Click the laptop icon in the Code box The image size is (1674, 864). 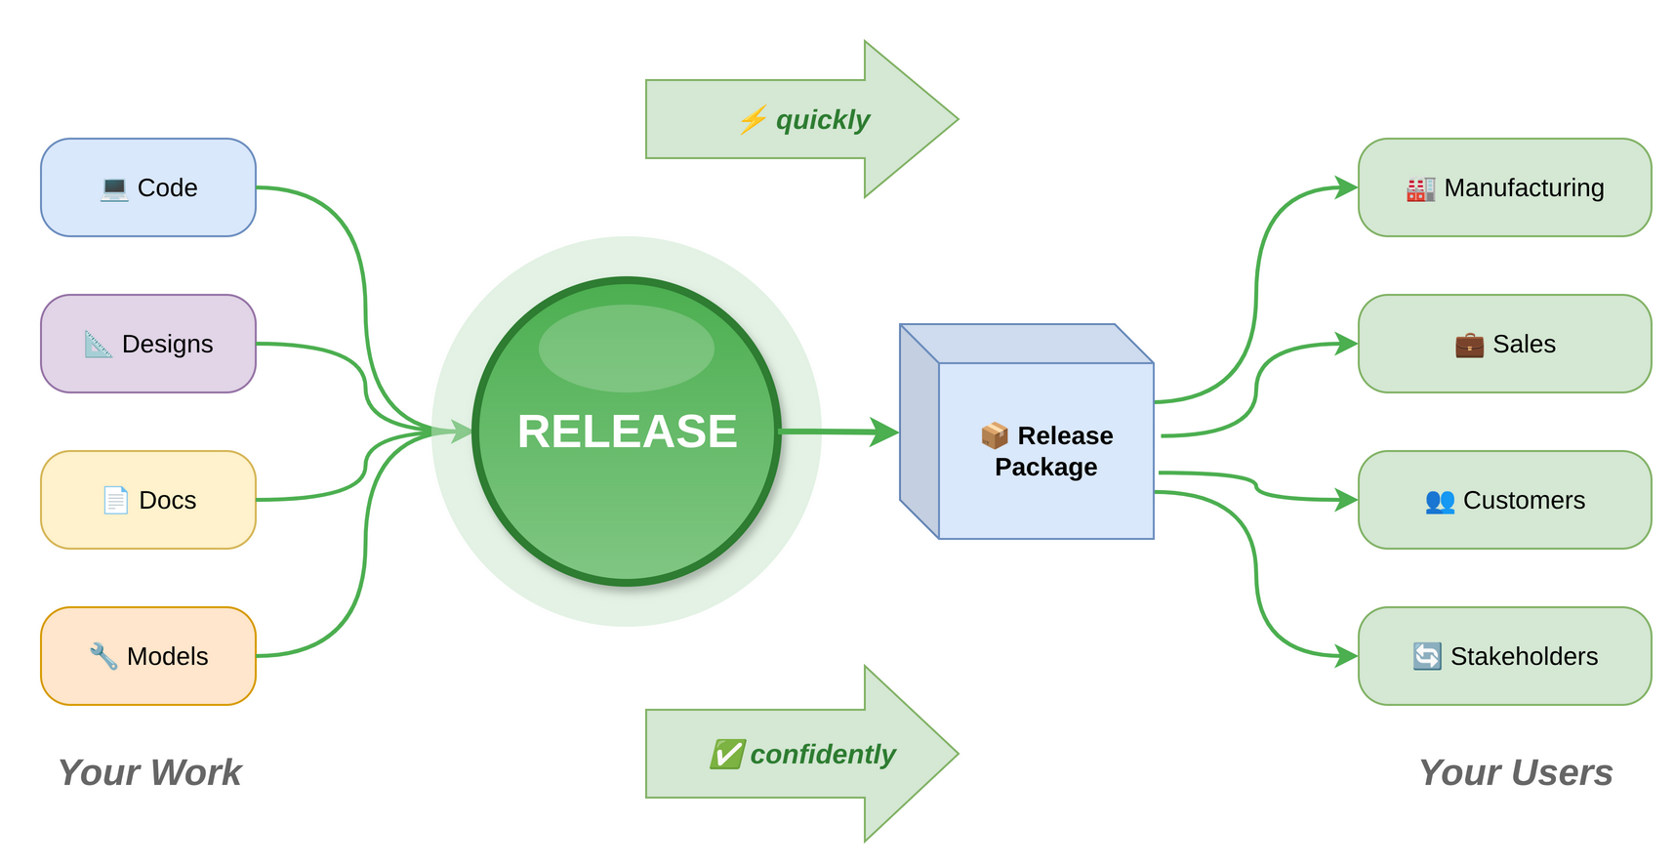(x=114, y=188)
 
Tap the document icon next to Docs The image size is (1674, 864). (x=115, y=500)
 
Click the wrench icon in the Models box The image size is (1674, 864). (x=103, y=656)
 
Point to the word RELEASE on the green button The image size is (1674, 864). (x=627, y=432)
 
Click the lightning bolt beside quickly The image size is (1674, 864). (x=753, y=120)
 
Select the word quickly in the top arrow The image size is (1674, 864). (x=822, y=120)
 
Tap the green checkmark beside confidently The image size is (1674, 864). (x=727, y=754)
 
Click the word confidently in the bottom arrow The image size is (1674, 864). (x=822, y=754)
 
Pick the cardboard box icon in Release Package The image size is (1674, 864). (x=995, y=435)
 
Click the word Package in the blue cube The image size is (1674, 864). (x=1045, y=468)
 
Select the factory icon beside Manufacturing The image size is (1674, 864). (x=1420, y=188)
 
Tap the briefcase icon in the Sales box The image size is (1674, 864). (x=1469, y=345)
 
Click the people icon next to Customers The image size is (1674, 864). (x=1440, y=501)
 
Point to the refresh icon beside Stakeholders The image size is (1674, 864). (x=1427, y=656)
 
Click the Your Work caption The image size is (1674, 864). (x=149, y=772)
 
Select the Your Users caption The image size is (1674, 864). (x=1515, y=772)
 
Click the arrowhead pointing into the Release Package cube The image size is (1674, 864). (x=884, y=432)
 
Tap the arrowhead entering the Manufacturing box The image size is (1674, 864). (x=1346, y=187)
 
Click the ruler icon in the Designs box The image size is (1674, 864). (x=98, y=344)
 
